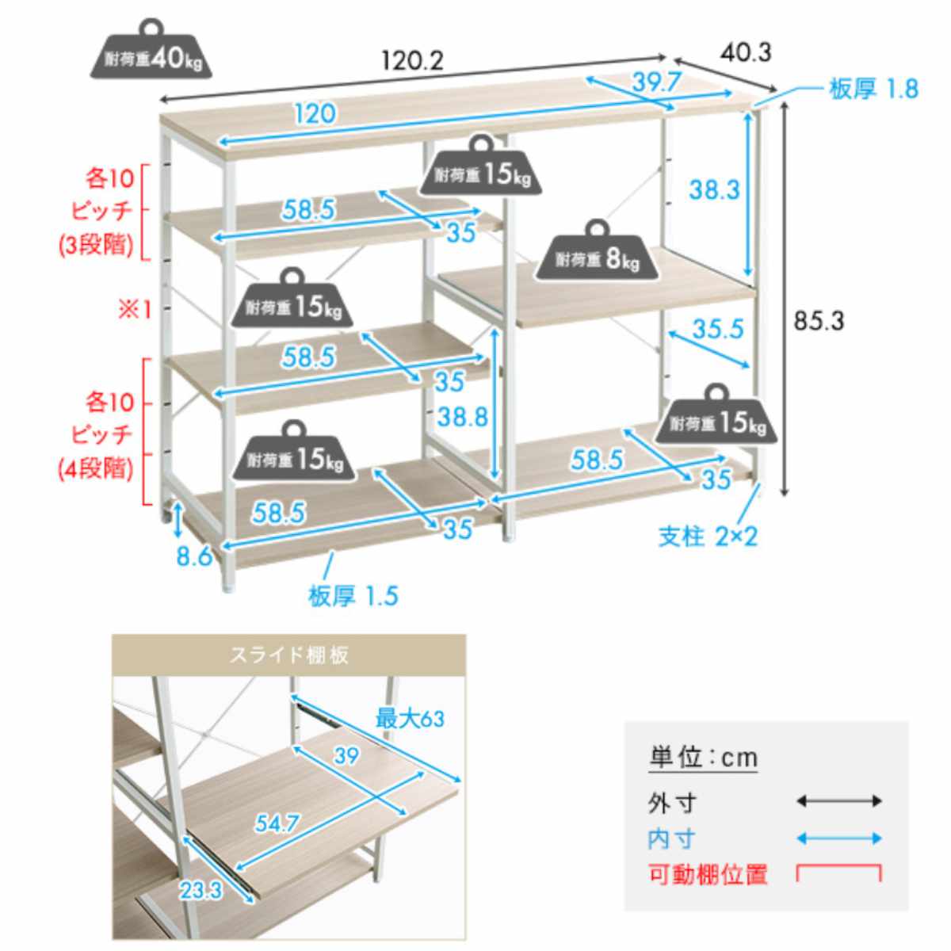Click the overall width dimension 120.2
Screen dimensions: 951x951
point(413,62)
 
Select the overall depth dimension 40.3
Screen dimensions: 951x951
point(745,52)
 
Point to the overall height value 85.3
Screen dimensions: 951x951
point(819,321)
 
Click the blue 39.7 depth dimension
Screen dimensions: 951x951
point(657,82)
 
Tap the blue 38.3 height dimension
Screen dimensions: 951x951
point(713,190)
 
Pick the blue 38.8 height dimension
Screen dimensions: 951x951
point(462,418)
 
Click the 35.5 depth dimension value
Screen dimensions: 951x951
point(717,329)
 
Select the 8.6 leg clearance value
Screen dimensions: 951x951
point(194,557)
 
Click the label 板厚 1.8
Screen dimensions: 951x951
point(873,90)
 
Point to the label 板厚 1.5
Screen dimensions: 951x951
point(353,596)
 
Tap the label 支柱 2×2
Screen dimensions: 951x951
point(708,537)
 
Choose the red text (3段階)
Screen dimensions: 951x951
point(96,245)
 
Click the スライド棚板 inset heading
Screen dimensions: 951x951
point(289,655)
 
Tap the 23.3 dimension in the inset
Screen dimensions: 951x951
point(201,891)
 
